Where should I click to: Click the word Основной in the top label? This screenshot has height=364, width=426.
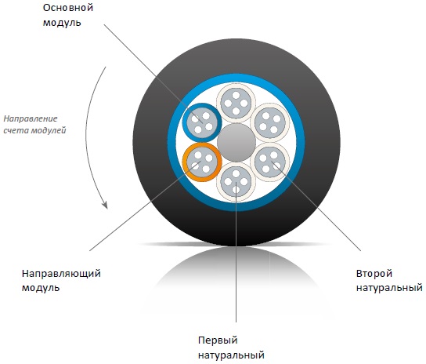(x=68, y=8)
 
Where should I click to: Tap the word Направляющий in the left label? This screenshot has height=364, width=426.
(x=61, y=274)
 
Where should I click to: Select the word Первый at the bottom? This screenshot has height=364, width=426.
(x=218, y=340)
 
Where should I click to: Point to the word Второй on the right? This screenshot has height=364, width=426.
(x=374, y=274)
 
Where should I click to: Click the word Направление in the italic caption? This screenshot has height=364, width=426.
(x=31, y=118)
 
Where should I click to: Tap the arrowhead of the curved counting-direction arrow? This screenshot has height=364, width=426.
(x=105, y=205)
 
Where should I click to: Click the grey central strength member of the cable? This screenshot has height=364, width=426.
(x=236, y=143)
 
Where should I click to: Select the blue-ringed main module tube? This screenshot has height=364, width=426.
(x=202, y=123)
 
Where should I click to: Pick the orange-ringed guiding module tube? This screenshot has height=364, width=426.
(x=202, y=162)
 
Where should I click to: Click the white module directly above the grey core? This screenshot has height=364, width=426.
(x=236, y=104)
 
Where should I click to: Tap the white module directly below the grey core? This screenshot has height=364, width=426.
(x=236, y=182)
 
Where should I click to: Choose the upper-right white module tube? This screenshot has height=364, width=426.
(x=270, y=123)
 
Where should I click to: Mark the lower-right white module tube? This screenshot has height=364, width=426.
(x=270, y=162)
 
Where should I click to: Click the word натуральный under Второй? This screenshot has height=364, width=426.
(x=389, y=288)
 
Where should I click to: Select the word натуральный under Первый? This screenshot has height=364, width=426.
(x=231, y=355)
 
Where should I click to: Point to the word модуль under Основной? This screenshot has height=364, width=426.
(x=62, y=23)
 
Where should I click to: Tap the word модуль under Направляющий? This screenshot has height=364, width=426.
(x=41, y=288)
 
